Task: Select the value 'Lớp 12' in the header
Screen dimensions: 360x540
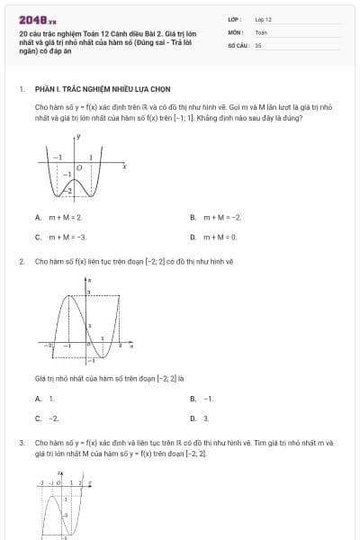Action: [x=263, y=19]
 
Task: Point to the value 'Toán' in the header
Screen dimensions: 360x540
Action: [x=261, y=31]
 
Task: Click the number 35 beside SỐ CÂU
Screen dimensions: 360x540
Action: [x=258, y=44]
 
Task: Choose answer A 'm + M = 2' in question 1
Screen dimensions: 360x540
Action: [x=64, y=217]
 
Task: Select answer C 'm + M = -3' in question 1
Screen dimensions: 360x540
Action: [x=67, y=237]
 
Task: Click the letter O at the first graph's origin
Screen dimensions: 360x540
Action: [x=79, y=167]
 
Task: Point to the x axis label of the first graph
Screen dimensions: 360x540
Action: [x=124, y=167]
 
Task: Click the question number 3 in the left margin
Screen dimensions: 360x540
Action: [x=21, y=444]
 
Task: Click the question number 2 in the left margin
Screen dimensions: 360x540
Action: [x=21, y=262]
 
